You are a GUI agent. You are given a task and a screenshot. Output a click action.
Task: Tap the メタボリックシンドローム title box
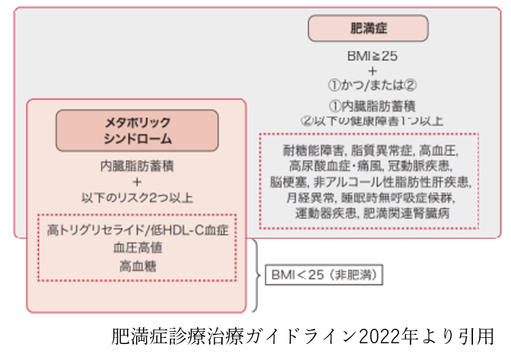137,130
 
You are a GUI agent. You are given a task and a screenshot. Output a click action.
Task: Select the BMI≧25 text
372,56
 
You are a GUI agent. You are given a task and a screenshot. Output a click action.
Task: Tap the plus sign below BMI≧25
372,70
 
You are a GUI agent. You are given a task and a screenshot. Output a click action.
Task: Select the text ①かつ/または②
372,84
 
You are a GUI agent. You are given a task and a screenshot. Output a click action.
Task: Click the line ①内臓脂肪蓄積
372,106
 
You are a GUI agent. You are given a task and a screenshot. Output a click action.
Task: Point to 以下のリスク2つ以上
137,197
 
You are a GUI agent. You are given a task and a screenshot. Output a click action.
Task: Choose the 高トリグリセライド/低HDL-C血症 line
137,229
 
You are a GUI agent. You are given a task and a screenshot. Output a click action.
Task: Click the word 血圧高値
137,247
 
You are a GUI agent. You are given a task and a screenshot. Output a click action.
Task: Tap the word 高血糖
137,266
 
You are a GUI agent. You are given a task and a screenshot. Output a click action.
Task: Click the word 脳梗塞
286,182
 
